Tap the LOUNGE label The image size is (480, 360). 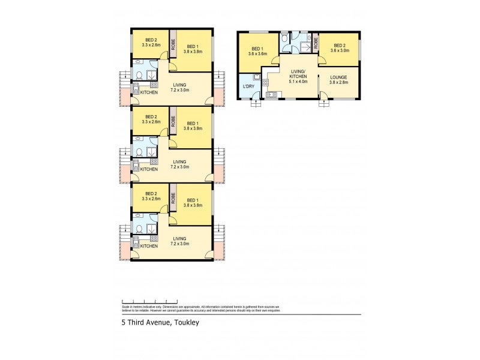tap(338, 76)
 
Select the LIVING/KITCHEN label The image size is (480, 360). tap(298, 74)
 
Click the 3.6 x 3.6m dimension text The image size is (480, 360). tap(258, 53)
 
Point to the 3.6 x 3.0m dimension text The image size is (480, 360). tap(340, 50)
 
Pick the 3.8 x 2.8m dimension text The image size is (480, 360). tap(338, 82)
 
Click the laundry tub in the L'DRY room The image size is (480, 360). tap(256, 77)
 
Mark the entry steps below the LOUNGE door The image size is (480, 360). tap(324, 102)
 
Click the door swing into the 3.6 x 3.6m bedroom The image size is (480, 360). tap(274, 61)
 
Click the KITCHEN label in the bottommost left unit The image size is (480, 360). tap(149, 246)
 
